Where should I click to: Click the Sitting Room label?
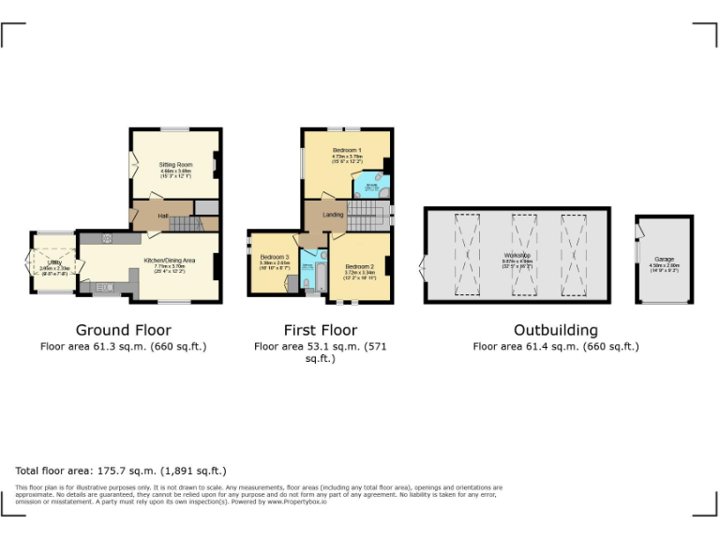(175, 164)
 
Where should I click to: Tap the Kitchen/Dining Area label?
(170, 260)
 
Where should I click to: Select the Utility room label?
(54, 262)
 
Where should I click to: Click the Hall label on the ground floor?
(163, 217)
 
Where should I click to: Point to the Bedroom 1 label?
(346, 150)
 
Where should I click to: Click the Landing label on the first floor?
(333, 215)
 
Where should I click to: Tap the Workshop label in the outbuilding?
(517, 255)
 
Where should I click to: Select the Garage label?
(664, 259)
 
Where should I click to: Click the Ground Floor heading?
(123, 330)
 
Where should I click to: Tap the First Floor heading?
(320, 330)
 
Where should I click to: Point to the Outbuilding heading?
(555, 330)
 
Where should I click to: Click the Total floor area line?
(121, 470)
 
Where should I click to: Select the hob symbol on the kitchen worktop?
(107, 238)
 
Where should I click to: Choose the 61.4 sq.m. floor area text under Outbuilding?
(555, 346)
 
